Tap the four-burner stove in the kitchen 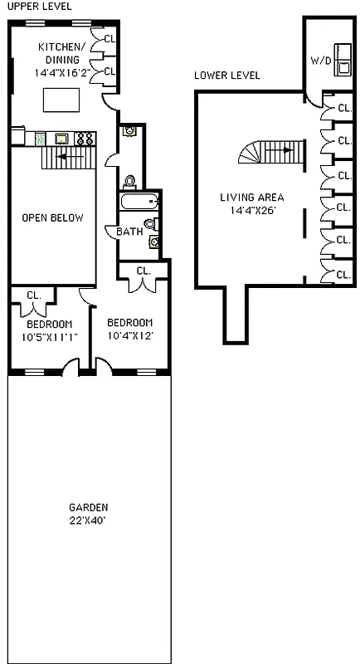pyautogui.click(x=85, y=139)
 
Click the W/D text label pyautogui.click(x=320, y=61)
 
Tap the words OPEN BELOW pyautogui.click(x=52, y=218)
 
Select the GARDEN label pyautogui.click(x=88, y=508)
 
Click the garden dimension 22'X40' pyautogui.click(x=88, y=520)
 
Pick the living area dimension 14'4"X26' pyautogui.click(x=251, y=210)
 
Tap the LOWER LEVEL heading pyautogui.click(x=226, y=76)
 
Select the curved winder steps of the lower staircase pyautogui.click(x=251, y=152)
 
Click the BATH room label pyautogui.click(x=129, y=232)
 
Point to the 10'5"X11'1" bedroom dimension pyautogui.click(x=49, y=337)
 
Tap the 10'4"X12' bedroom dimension pyautogui.click(x=130, y=335)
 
